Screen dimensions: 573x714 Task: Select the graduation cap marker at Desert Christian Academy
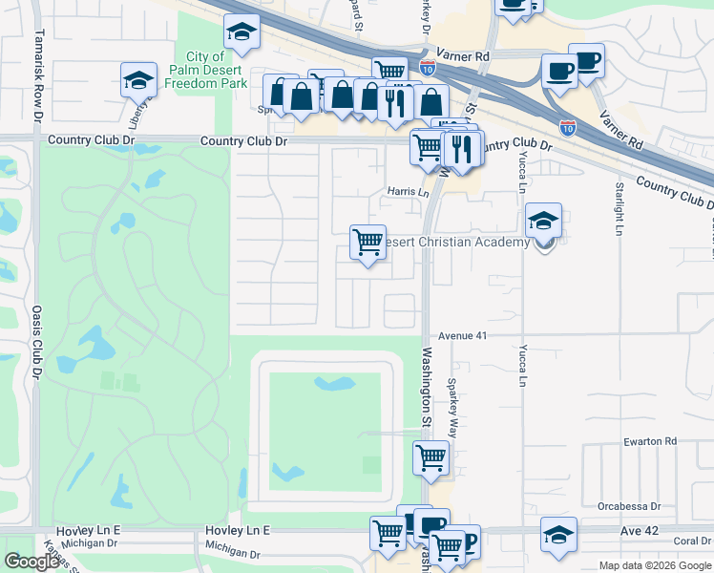point(544,222)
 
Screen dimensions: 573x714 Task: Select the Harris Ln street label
point(408,191)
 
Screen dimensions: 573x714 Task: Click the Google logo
point(31,562)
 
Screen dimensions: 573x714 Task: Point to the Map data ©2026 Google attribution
point(654,565)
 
